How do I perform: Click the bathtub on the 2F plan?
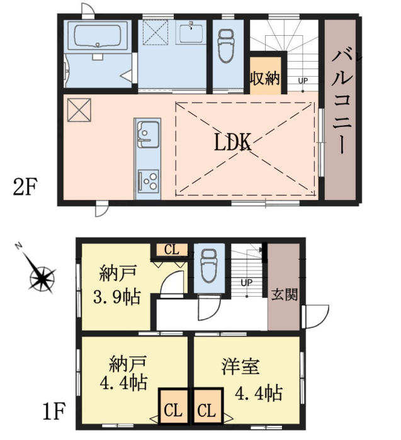[x=98, y=36]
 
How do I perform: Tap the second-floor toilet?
[x=226, y=46]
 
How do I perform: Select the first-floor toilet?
[x=210, y=265]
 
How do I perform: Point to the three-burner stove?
[x=149, y=180]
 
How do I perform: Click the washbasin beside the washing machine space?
[x=191, y=33]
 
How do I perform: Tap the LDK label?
[x=233, y=143]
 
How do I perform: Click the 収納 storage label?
[x=265, y=79]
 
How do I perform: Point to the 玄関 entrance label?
[x=284, y=295]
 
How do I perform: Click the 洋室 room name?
[x=240, y=366]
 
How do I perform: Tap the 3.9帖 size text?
[x=116, y=297]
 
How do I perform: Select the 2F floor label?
[x=25, y=187]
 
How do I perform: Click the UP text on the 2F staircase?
[x=303, y=81]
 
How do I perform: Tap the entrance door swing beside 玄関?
[x=315, y=317]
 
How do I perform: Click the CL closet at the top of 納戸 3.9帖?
[x=172, y=250]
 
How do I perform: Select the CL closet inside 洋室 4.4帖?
[x=207, y=406]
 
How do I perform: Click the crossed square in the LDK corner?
[x=79, y=110]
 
